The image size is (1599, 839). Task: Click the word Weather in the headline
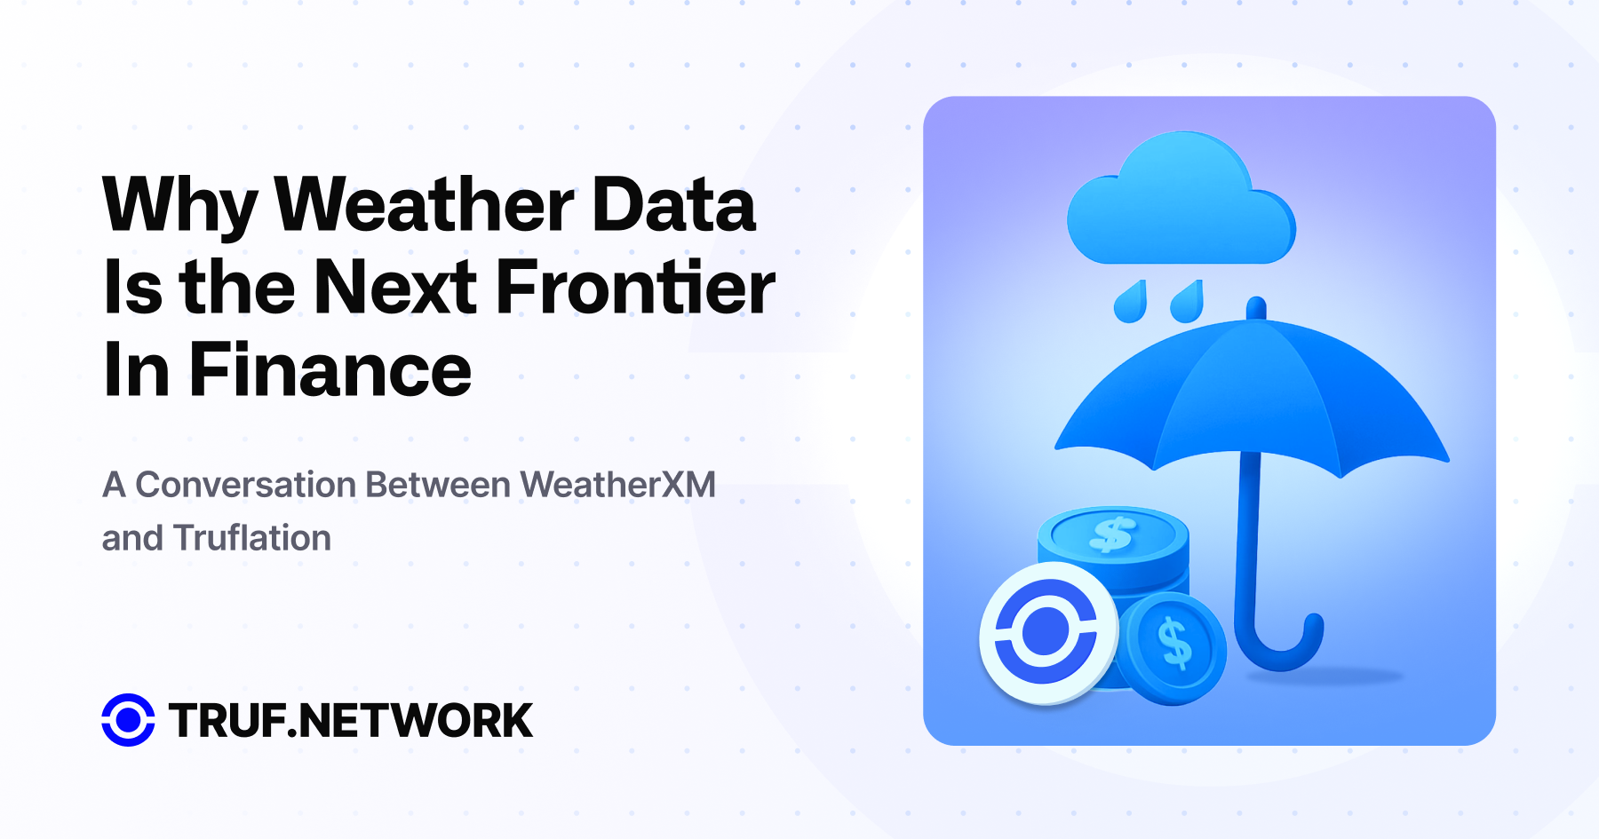(x=425, y=205)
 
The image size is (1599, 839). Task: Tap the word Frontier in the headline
(x=634, y=288)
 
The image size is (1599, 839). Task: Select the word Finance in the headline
(x=330, y=370)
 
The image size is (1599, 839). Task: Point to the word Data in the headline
(x=673, y=205)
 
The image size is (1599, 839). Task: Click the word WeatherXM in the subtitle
(x=617, y=485)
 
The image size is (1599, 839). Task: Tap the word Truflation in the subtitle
(x=252, y=538)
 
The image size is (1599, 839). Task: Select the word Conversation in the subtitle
(x=246, y=485)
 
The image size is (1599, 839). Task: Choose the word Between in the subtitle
(x=438, y=485)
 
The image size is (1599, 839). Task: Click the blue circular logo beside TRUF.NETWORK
(x=128, y=720)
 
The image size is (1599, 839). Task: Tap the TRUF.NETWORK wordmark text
(x=350, y=720)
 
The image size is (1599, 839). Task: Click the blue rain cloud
(x=1181, y=199)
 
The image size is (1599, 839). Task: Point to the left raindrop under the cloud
(x=1130, y=303)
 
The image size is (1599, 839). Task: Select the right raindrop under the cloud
(x=1187, y=302)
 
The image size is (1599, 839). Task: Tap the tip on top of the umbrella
(x=1256, y=308)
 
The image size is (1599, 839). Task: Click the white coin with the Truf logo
(x=1048, y=633)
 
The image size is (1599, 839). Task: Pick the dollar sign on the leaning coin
(x=1174, y=643)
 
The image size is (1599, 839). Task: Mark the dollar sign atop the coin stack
(x=1112, y=534)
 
